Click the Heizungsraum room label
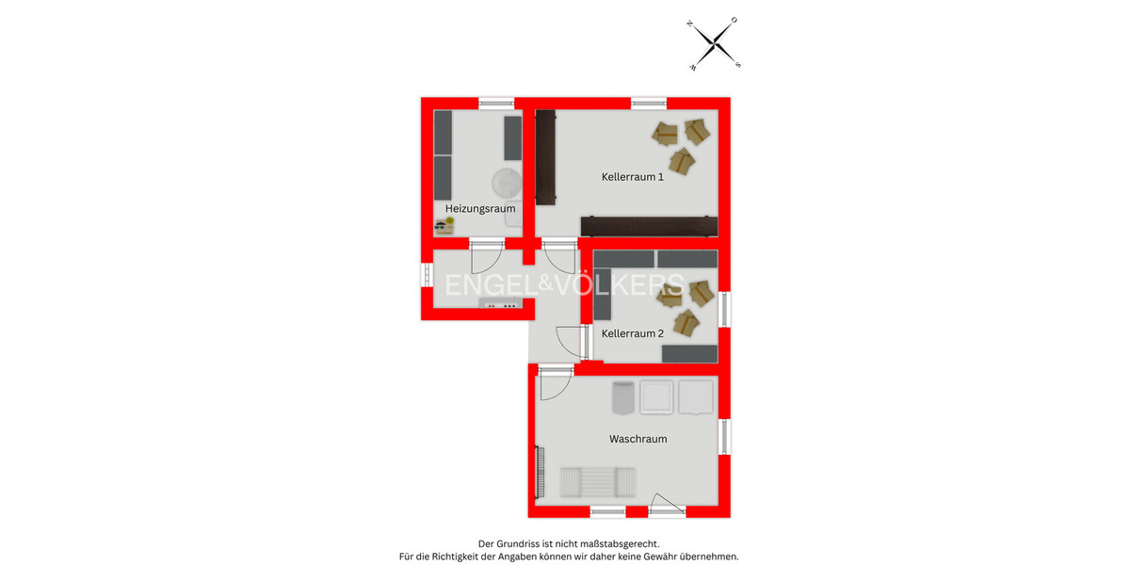479,208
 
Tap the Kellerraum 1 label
633,176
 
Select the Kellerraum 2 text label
633,333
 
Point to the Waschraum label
638,439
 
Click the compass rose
716,44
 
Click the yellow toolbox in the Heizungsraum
444,226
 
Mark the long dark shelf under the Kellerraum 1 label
649,225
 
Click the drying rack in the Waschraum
598,482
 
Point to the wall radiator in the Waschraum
541,474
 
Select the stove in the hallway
499,304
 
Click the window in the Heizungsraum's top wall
495,103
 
